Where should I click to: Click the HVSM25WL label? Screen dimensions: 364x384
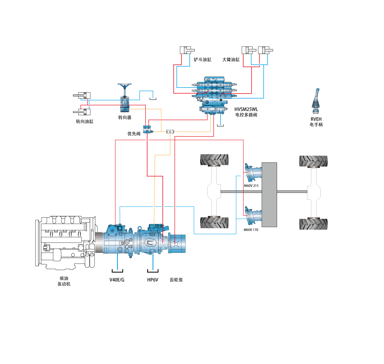click(246, 109)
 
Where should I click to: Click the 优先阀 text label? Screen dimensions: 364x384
click(134, 134)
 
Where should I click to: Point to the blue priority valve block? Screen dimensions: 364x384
click(148, 129)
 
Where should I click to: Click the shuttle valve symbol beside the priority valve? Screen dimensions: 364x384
click(170, 132)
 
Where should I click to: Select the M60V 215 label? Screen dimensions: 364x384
click(251, 186)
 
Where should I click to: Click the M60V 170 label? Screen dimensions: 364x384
click(251, 230)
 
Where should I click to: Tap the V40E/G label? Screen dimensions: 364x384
click(117, 280)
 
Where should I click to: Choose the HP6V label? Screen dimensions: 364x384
click(152, 280)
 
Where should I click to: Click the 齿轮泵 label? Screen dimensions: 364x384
click(176, 280)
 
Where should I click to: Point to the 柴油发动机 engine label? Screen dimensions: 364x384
click(64, 281)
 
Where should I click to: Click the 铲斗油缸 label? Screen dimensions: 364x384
click(203, 60)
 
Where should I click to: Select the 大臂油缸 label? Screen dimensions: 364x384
click(231, 60)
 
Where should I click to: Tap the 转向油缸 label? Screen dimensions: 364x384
click(85, 122)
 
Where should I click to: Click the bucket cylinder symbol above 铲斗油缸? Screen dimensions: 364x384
click(187, 50)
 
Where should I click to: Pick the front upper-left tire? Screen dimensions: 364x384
click(214, 160)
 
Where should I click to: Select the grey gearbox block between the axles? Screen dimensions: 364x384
click(269, 194)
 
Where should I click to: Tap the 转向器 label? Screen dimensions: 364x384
click(125, 117)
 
